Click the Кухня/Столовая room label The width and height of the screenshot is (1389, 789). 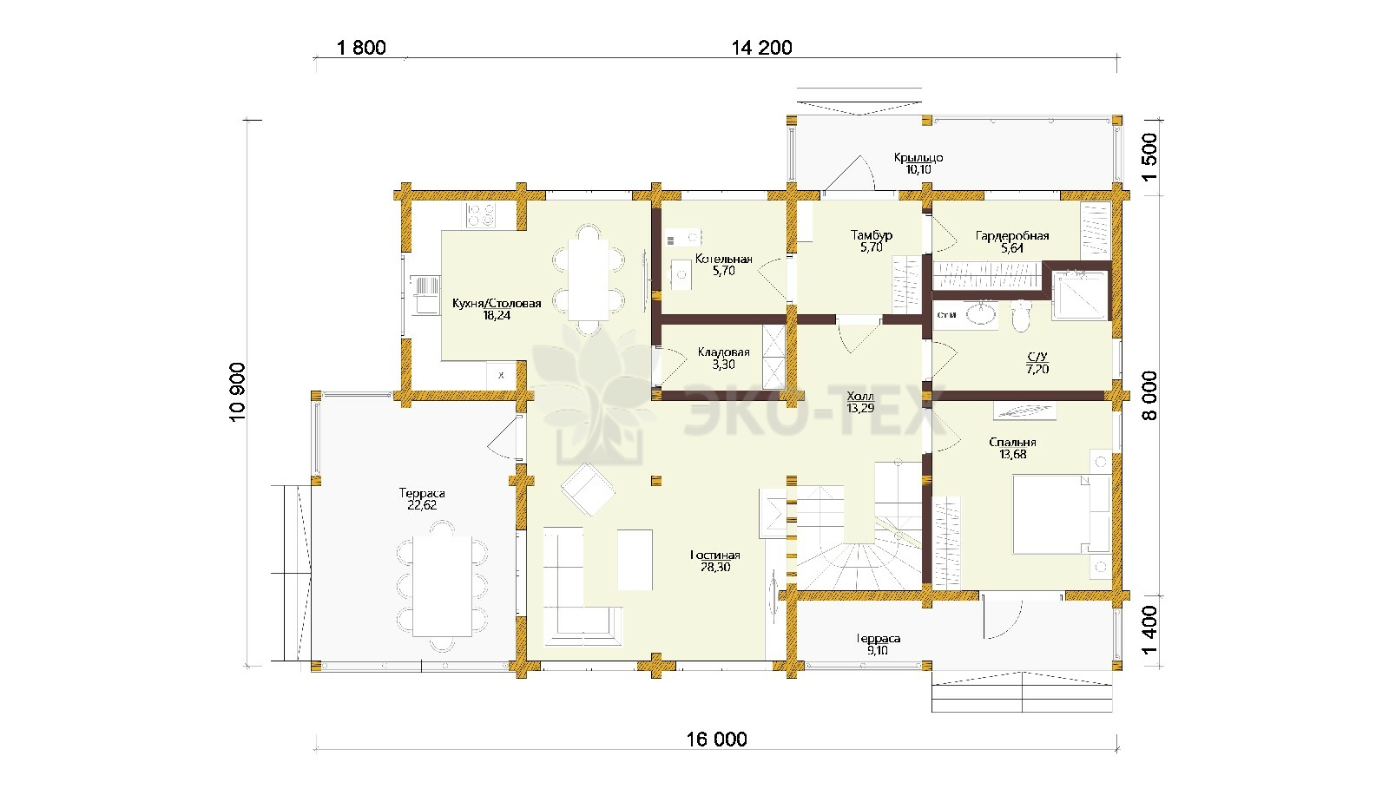pos(497,303)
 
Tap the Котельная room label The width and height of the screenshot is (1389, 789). pos(724,259)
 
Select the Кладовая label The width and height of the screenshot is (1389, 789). pos(724,352)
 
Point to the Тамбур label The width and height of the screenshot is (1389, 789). pos(872,235)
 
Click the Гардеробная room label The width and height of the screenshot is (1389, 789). pos(1012,235)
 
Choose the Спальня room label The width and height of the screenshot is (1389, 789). pos(1012,442)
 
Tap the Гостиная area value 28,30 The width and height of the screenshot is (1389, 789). pos(715,567)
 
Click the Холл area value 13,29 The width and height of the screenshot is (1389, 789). pos(860,408)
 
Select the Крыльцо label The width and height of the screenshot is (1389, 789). pos(918,157)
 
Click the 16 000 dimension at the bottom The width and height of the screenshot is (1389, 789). pos(717,739)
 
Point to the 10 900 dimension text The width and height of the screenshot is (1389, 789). pos(238,392)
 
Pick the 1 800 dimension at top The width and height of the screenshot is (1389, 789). pos(361,48)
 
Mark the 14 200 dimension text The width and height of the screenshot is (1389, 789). pos(762,48)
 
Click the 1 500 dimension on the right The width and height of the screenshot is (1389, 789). pos(1149,157)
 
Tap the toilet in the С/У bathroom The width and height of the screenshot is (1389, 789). pos(1020,317)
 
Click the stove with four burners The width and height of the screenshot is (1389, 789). pos(482,215)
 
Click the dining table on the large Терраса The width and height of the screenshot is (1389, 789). pos(443,587)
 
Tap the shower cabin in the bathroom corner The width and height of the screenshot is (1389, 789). pos(1080,295)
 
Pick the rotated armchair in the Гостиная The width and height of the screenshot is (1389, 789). pos(588,490)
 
